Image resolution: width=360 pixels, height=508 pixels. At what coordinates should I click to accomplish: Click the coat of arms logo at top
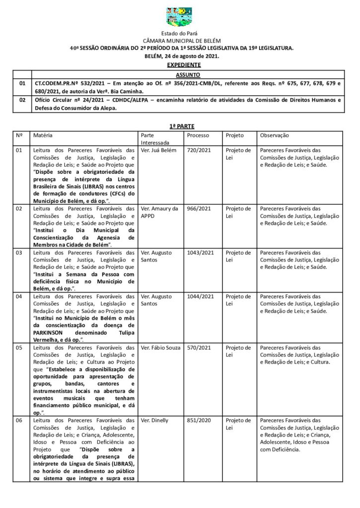tap(179, 16)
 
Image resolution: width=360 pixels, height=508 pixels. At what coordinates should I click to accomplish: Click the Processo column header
tap(198, 135)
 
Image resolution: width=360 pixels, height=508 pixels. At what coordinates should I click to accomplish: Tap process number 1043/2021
tap(200, 253)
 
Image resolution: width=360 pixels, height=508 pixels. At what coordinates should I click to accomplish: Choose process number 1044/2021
tap(200, 297)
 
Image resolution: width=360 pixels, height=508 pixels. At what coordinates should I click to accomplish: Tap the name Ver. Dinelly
tap(154, 420)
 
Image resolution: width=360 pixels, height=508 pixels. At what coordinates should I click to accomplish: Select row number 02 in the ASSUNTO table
tap(21, 100)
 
